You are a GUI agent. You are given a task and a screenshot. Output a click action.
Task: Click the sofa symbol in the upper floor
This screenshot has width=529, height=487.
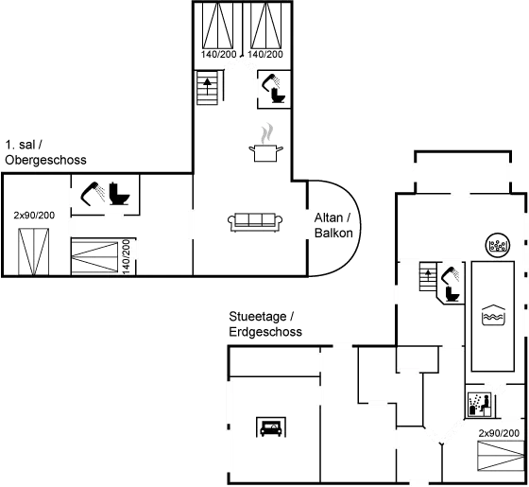pyautogui.click(x=255, y=222)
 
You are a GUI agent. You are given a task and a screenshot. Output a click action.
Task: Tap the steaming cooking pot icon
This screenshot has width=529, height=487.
pyautogui.click(x=265, y=143)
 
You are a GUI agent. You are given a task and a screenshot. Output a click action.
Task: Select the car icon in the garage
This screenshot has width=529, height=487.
pyautogui.click(x=271, y=426)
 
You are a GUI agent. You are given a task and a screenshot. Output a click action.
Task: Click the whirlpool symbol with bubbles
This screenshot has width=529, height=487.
pyautogui.click(x=498, y=245)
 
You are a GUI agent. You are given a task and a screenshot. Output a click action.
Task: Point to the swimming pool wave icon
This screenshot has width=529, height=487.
pyautogui.click(x=493, y=315)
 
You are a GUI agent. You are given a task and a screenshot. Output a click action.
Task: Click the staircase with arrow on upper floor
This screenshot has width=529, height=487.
pyautogui.click(x=207, y=87)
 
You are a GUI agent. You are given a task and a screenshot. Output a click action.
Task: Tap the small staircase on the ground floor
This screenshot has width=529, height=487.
pyautogui.click(x=428, y=276)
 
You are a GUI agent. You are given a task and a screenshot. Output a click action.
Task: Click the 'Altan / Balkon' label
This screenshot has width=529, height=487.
pyautogui.click(x=333, y=225)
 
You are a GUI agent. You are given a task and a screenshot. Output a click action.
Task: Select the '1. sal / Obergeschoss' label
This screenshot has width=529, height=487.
pyautogui.click(x=45, y=152)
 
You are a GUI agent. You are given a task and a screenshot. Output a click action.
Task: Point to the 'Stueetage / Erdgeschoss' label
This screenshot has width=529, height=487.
pyautogui.click(x=265, y=324)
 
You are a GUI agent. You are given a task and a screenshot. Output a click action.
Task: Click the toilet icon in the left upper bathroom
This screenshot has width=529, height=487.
pyautogui.click(x=119, y=194)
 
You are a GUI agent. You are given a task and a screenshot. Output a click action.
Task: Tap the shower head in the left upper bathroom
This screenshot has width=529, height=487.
pyautogui.click(x=93, y=194)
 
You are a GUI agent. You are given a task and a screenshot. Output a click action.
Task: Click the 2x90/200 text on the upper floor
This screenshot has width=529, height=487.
pyautogui.click(x=34, y=216)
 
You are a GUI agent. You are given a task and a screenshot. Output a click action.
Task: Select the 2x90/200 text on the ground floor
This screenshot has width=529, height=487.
pyautogui.click(x=499, y=433)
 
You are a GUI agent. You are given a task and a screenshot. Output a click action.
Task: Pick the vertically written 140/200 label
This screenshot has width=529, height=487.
pyautogui.click(x=127, y=256)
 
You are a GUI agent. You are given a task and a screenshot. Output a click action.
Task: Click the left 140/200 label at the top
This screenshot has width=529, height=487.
pyautogui.click(x=218, y=54)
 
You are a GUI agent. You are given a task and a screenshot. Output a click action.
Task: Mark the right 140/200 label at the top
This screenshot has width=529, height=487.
pyautogui.click(x=265, y=54)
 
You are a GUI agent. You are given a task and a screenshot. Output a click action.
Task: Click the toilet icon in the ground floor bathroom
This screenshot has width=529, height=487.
pyautogui.click(x=452, y=293)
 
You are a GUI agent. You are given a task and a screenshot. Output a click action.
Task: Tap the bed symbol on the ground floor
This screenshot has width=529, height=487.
pyautogui.click(x=501, y=456)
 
